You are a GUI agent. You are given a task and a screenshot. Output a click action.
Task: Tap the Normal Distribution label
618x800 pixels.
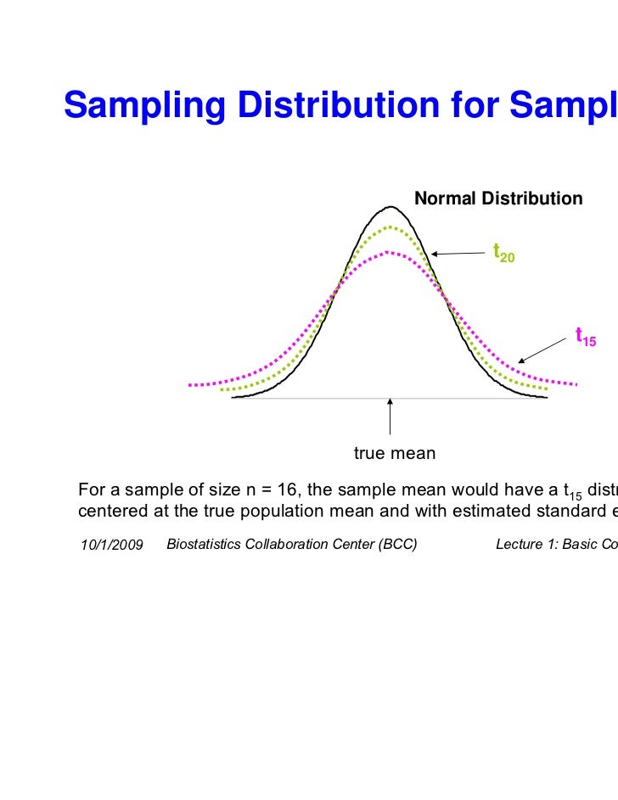click(498, 199)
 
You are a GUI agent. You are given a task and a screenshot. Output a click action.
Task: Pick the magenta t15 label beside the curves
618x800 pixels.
click(586, 337)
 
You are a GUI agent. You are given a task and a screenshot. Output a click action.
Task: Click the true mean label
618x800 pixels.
click(395, 454)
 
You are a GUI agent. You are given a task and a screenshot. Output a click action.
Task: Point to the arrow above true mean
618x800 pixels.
click(390, 417)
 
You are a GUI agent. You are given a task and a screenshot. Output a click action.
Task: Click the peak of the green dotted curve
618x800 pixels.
click(390, 227)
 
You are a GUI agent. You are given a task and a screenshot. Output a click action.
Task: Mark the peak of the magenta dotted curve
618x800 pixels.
click(390, 251)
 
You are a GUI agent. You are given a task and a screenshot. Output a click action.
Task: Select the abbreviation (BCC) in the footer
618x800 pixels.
click(398, 520)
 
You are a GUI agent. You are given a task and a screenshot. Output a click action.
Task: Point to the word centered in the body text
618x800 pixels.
click(109, 506)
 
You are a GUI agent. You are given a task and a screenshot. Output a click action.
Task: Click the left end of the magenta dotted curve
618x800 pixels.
click(190, 384)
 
